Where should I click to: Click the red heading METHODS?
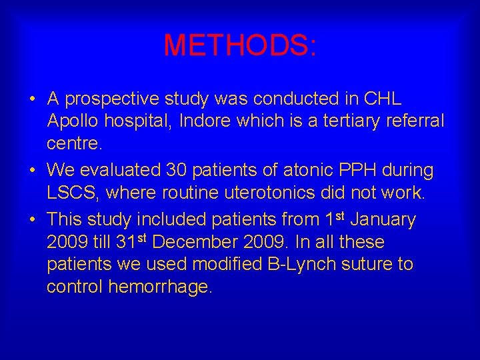coord(240,45)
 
